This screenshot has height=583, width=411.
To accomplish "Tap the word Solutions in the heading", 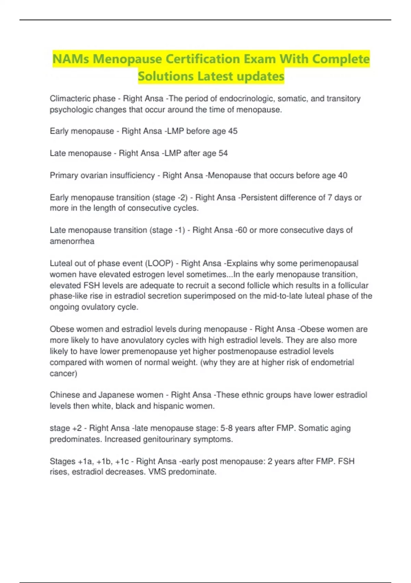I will coord(165,76).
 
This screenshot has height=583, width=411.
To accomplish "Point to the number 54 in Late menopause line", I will coord(223,153).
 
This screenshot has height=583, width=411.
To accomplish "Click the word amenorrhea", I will coord(72,241).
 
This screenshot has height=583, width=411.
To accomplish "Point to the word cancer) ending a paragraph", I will coord(63,373).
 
